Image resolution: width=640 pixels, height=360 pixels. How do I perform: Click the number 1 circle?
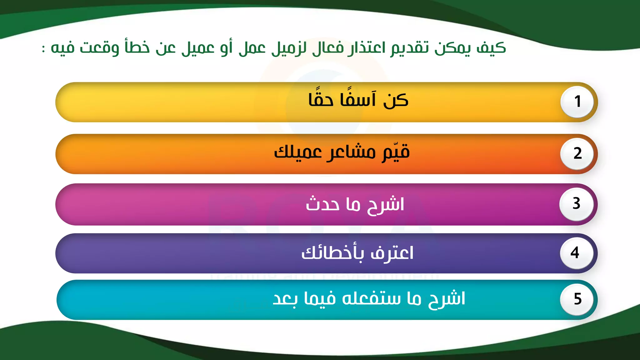coord(577,102)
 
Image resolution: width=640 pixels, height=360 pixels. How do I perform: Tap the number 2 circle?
coord(577,153)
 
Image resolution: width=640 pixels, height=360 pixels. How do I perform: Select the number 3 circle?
coord(576,204)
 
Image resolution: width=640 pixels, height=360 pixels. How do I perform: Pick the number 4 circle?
coord(576,252)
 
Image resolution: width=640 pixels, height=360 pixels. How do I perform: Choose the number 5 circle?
coord(577,299)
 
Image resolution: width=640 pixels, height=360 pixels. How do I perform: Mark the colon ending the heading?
coord(44,49)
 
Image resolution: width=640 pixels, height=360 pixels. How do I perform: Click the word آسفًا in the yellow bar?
coord(358,99)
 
